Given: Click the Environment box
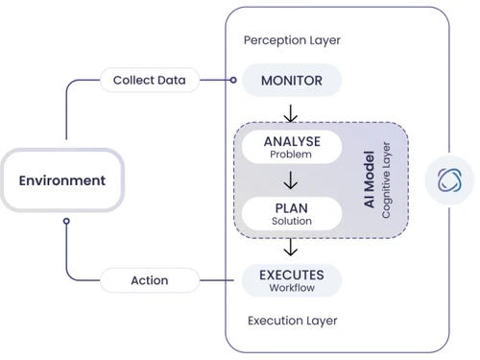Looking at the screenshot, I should (x=62, y=180).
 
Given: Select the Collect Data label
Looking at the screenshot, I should (x=149, y=80).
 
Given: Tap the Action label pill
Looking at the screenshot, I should (x=149, y=280).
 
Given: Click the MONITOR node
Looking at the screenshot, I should (x=291, y=81).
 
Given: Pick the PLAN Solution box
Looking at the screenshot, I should (x=291, y=212).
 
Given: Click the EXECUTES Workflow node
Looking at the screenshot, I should (x=291, y=279).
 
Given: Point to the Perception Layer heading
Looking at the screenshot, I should (x=292, y=40).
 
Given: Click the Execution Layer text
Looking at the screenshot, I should (x=292, y=321).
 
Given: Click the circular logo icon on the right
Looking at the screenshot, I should (x=451, y=180).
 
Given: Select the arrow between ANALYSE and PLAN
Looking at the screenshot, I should (x=291, y=180).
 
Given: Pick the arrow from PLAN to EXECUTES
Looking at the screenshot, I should (x=291, y=247).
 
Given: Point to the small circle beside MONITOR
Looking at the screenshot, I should (x=232, y=80).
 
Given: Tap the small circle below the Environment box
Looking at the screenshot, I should (x=66, y=221).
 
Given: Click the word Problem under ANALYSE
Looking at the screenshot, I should (x=291, y=154).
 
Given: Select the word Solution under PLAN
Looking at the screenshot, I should (x=291, y=221).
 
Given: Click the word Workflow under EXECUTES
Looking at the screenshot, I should (x=291, y=288).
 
